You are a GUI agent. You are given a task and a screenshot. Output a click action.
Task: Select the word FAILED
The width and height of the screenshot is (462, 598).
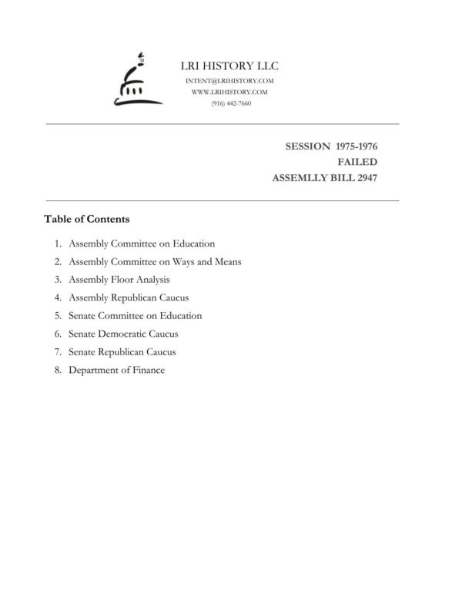click(x=357, y=162)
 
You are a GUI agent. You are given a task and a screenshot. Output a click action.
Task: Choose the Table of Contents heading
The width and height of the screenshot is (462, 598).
click(x=86, y=219)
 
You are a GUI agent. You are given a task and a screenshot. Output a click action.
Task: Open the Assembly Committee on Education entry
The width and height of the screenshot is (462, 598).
click(x=142, y=244)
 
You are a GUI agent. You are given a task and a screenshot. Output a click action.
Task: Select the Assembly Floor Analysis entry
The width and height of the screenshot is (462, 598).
click(x=119, y=280)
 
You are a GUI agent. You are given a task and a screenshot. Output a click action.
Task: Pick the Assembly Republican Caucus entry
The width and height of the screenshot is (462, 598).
click(x=129, y=297)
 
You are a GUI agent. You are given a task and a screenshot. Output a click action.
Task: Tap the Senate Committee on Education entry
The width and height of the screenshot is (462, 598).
click(x=135, y=316)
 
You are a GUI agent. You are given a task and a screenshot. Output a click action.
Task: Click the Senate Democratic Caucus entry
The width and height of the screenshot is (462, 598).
click(x=123, y=334)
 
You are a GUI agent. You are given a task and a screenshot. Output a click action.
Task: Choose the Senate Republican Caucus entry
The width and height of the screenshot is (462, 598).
click(x=122, y=352)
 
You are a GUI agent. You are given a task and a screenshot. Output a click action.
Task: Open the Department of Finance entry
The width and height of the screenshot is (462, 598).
click(x=116, y=370)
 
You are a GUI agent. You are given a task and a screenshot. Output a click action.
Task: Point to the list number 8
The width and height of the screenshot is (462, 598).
click(x=58, y=370)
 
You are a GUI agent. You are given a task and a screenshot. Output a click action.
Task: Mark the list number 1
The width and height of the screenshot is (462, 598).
click(x=58, y=244)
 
